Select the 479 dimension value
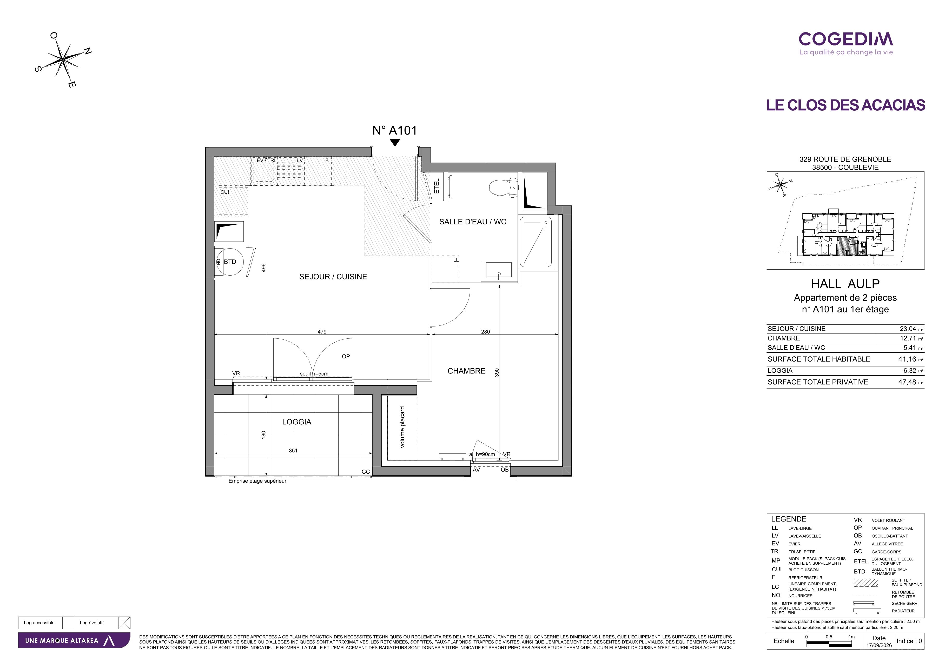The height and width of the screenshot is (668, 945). pyautogui.click(x=322, y=331)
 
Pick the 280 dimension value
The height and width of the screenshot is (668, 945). pyautogui.click(x=485, y=331)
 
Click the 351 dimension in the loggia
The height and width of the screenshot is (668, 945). pyautogui.click(x=293, y=450)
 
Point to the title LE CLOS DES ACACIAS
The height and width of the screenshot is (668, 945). pyautogui.click(x=845, y=105)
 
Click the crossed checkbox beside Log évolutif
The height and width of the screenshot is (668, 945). pyautogui.click(x=124, y=623)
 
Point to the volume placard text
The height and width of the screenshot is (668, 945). pyautogui.click(x=402, y=427)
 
